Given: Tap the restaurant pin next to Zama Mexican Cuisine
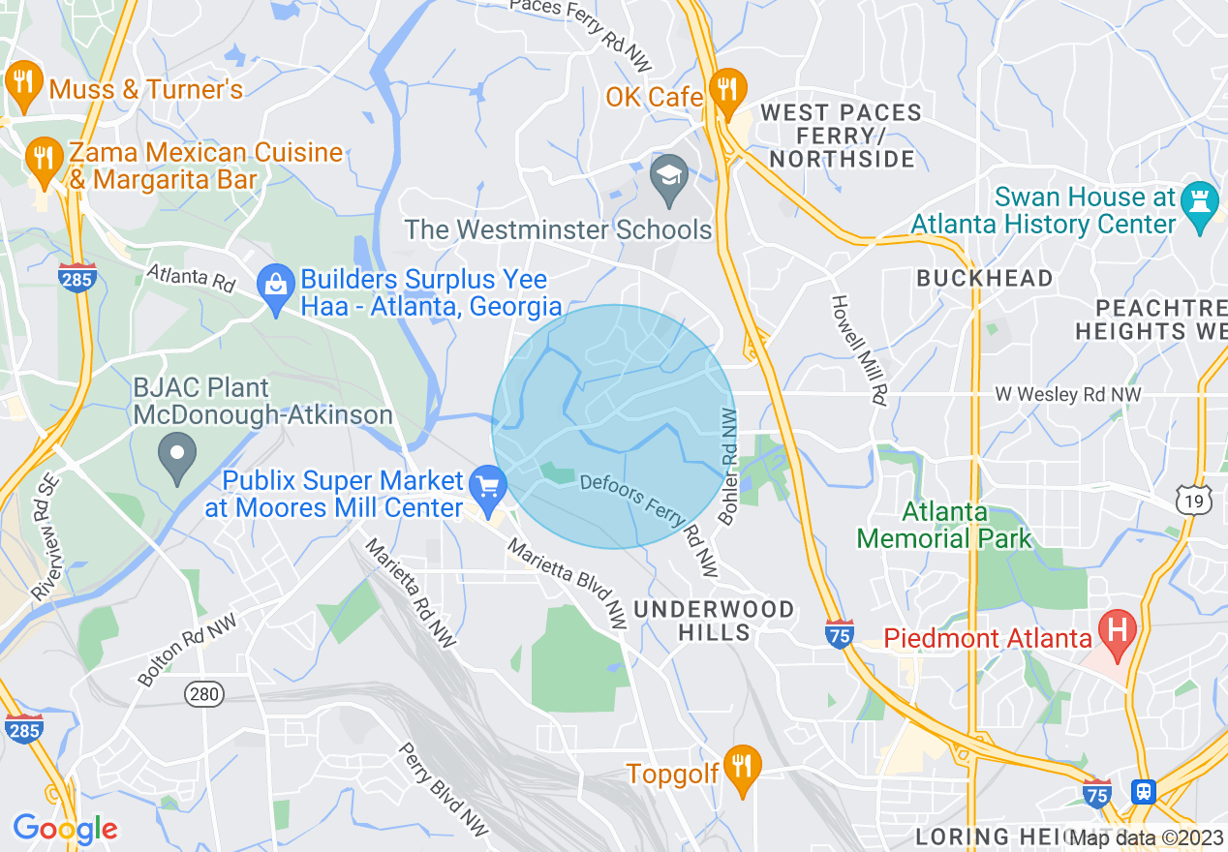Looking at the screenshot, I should pos(42,158).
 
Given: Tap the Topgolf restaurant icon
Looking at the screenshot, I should pos(742,767).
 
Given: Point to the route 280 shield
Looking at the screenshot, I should pos(204,693).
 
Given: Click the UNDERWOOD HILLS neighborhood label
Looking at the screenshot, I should pos(715,621).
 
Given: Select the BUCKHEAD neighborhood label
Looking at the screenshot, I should pos(984,279).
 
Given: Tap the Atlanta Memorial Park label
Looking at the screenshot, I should pos(944,525).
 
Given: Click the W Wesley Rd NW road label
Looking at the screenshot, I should pos(1069,395).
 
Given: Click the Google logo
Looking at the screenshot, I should pos(65,829).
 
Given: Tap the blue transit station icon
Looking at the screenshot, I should pos(1144,791).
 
